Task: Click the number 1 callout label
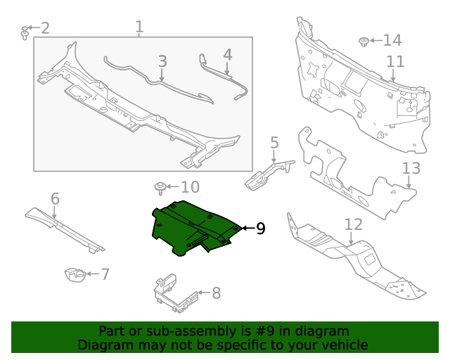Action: (x=139, y=27)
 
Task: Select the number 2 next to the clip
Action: (x=45, y=28)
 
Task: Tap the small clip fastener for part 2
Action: (x=25, y=32)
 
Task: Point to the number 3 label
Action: (x=162, y=61)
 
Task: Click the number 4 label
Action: (x=227, y=54)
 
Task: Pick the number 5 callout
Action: (x=274, y=143)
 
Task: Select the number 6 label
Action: (x=55, y=199)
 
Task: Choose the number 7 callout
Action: (x=105, y=274)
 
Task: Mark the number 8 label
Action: (x=216, y=292)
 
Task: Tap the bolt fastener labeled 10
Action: (x=161, y=188)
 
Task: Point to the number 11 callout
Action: (x=394, y=61)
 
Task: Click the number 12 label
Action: (x=353, y=224)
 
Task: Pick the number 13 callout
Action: (x=411, y=168)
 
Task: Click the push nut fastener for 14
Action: (x=365, y=41)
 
